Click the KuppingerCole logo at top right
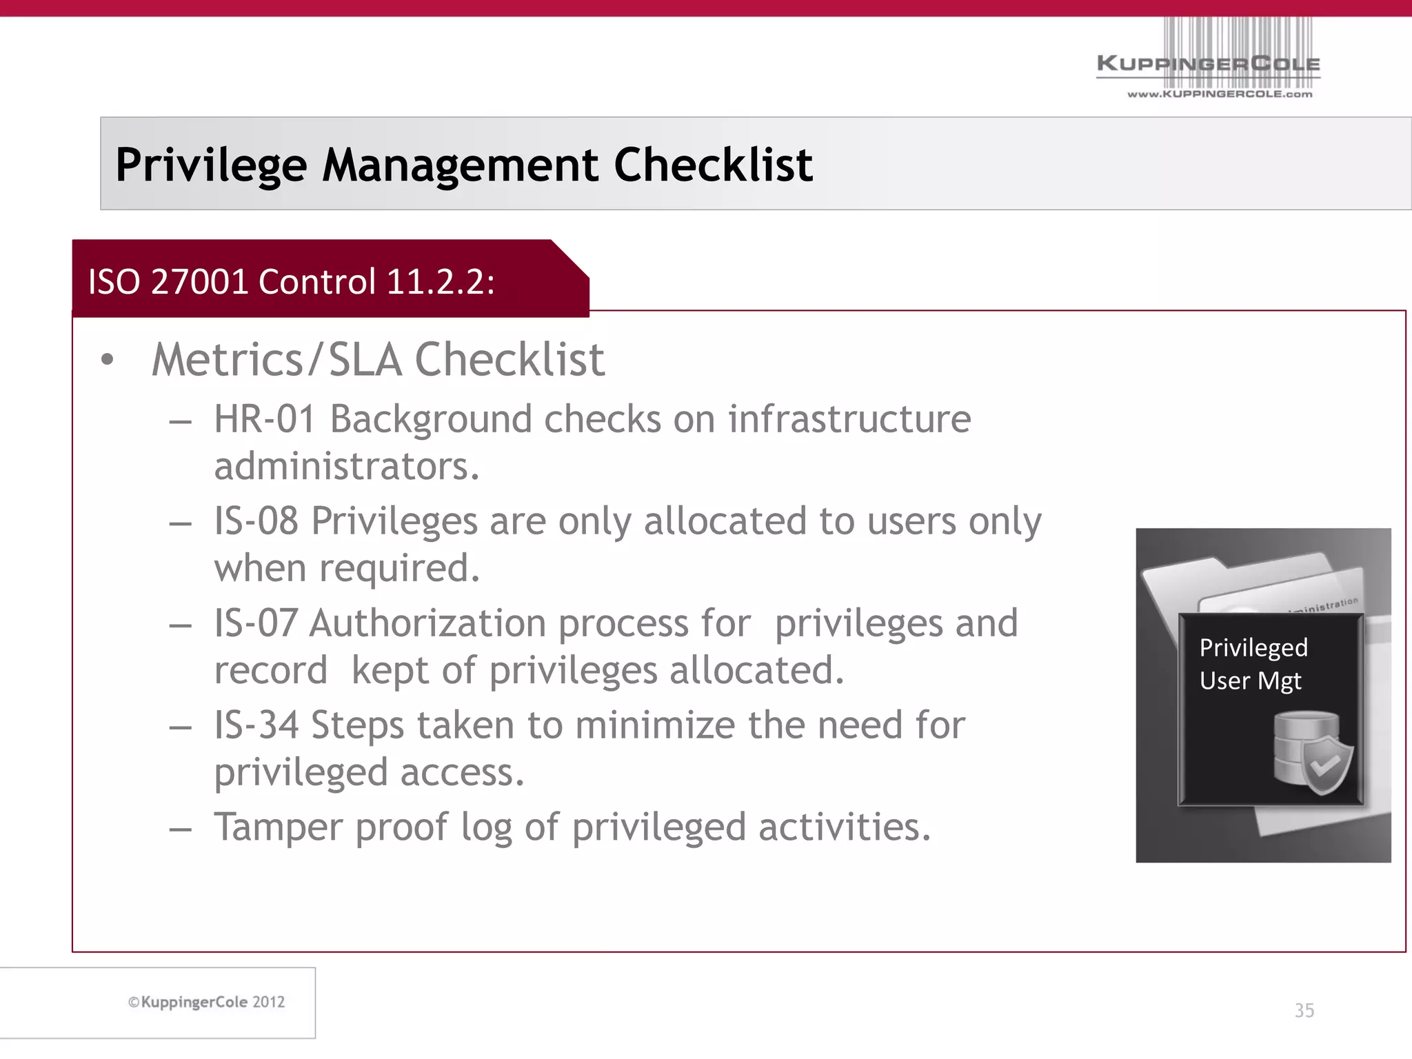point(1208,63)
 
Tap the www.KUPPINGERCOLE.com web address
point(1220,94)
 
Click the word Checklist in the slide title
point(713,165)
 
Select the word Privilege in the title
point(211,165)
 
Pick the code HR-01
point(265,419)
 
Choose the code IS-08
point(256,521)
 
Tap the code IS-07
point(255,623)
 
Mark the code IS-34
point(256,725)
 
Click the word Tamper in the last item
point(278,827)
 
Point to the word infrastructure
point(849,419)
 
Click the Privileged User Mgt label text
point(1253,664)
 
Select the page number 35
point(1304,1011)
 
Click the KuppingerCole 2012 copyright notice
point(206,1002)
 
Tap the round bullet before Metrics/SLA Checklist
point(106,360)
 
